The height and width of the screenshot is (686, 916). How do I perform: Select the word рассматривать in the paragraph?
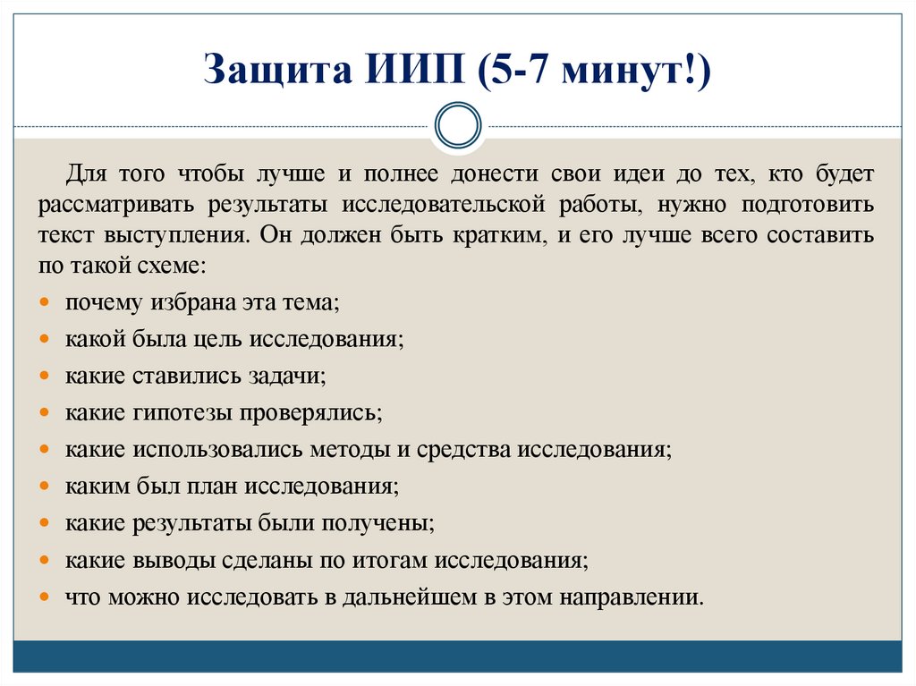[x=118, y=204]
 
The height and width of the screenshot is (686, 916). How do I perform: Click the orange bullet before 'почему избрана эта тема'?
[x=46, y=303]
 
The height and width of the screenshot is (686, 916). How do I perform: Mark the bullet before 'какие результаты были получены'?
[x=46, y=522]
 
